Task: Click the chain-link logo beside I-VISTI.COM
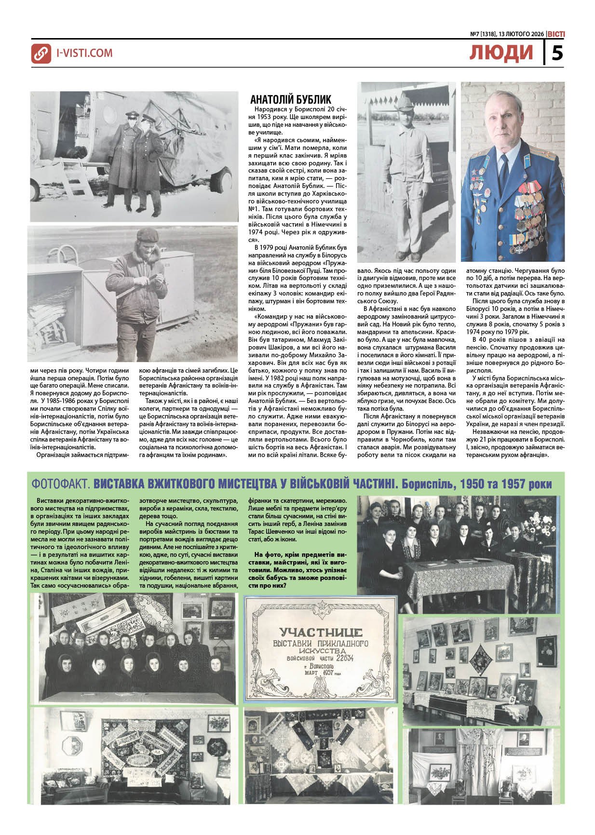point(41,54)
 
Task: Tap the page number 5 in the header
point(557,53)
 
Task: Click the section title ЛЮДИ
point(501,53)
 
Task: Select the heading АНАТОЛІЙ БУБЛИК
point(291,100)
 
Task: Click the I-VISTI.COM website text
point(84,53)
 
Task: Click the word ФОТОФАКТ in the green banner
point(60,484)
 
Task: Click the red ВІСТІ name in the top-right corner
point(555,34)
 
